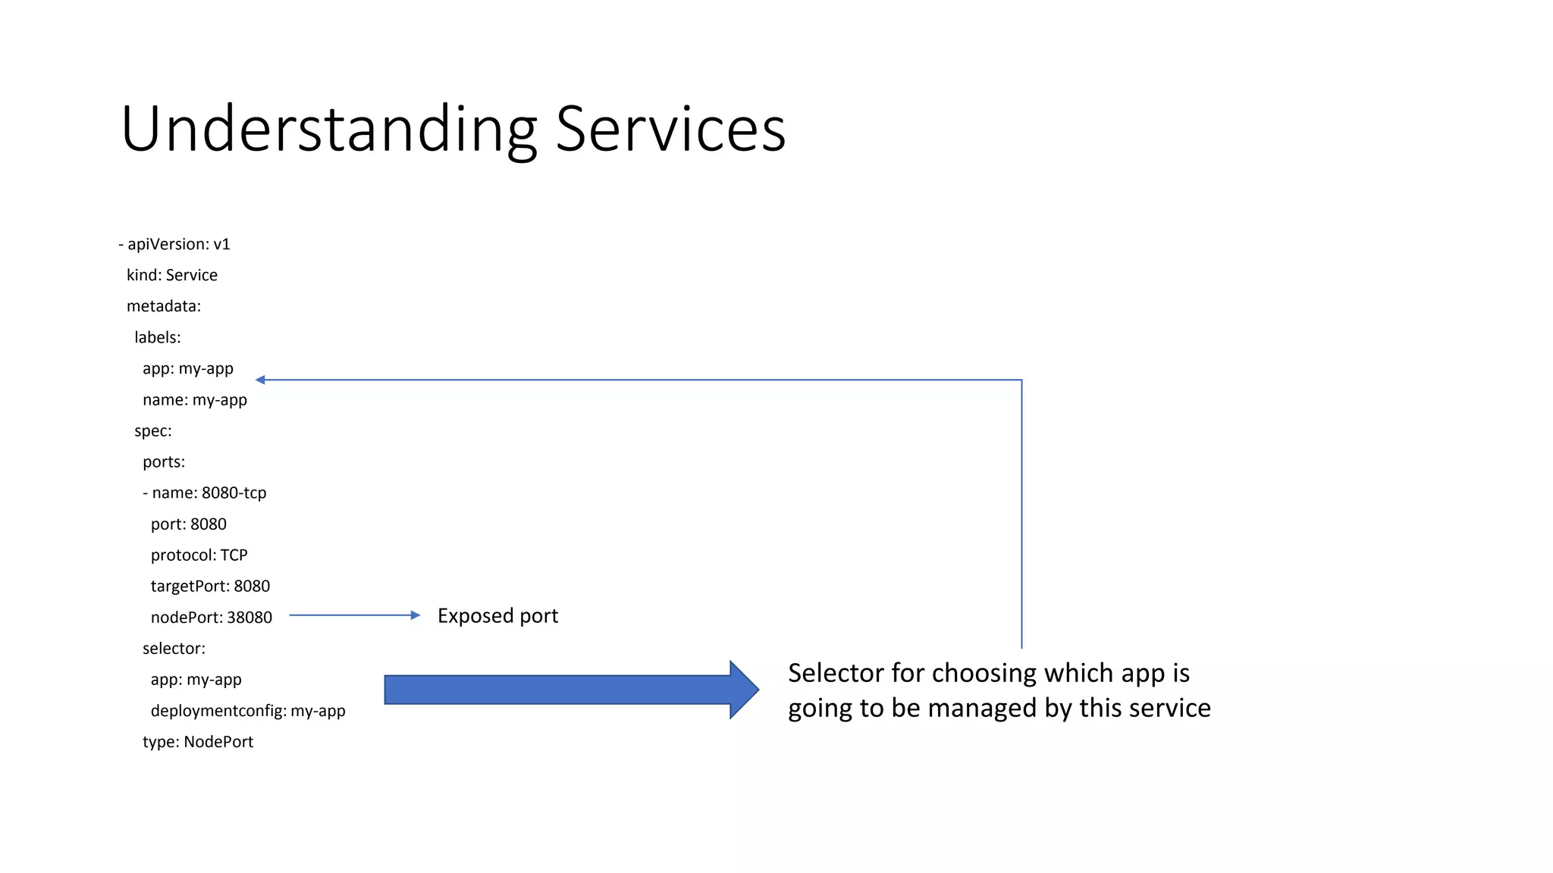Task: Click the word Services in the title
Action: click(x=670, y=129)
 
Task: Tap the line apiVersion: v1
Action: click(x=174, y=244)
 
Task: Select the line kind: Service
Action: click(x=172, y=275)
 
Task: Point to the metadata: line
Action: click(x=164, y=306)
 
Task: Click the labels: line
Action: click(x=158, y=337)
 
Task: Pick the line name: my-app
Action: click(x=195, y=399)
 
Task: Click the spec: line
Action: click(x=153, y=430)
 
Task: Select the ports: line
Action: click(x=164, y=462)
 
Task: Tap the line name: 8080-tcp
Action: click(x=205, y=493)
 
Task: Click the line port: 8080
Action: click(x=189, y=524)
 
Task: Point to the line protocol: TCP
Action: click(x=199, y=555)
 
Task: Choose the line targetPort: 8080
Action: click(x=210, y=586)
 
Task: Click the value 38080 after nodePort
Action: click(x=249, y=618)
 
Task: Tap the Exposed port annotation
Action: click(x=497, y=615)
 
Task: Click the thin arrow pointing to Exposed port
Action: click(x=353, y=615)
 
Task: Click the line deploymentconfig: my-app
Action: click(x=248, y=711)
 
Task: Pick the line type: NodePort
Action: click(x=198, y=742)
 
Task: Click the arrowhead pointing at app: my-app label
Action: click(x=260, y=380)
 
